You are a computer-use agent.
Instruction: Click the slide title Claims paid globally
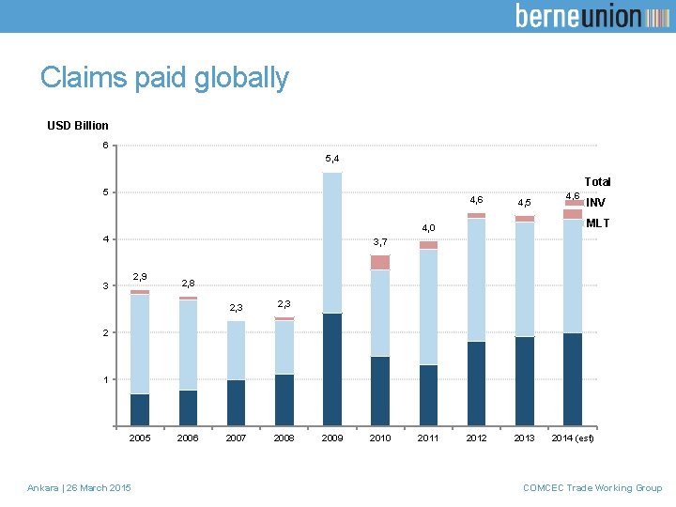point(164,78)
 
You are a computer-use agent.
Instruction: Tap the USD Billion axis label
point(78,125)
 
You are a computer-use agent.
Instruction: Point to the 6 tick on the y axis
point(106,145)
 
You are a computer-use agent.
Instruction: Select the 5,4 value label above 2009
point(332,159)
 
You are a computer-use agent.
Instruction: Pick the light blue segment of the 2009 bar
point(332,242)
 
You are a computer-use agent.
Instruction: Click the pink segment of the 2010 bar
point(380,262)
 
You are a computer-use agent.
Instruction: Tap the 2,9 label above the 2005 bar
point(140,276)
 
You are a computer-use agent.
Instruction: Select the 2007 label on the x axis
point(236,438)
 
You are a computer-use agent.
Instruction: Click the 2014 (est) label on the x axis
point(573,438)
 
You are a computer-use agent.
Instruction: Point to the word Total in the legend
point(597,181)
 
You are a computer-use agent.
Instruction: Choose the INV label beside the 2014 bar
point(595,202)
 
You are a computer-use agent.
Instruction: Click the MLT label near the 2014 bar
point(597,223)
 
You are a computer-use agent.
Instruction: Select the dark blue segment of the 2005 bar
point(140,409)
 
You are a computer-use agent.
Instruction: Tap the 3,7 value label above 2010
point(380,242)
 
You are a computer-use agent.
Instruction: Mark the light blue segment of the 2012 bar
point(476,280)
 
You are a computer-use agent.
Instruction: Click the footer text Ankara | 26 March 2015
point(80,487)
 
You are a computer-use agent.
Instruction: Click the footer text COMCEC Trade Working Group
point(592,487)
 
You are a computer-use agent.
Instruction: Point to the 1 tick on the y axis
point(106,379)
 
